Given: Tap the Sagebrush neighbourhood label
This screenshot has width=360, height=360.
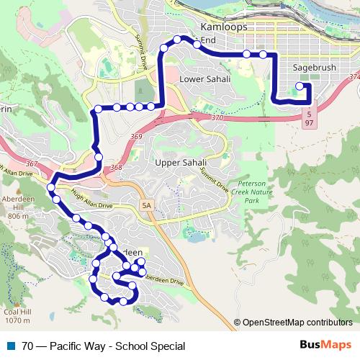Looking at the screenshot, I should pyautogui.click(x=315, y=68).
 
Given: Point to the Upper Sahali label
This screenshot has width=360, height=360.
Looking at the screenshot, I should pyautogui.click(x=181, y=163).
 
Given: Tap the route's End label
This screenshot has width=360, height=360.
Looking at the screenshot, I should pyautogui.click(x=208, y=40).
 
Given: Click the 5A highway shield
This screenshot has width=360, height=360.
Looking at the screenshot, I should pyautogui.click(x=148, y=207).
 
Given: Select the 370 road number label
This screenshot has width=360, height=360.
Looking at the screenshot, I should pyautogui.click(x=218, y=117).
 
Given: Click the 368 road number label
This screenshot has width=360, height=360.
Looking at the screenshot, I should pyautogui.click(x=116, y=168).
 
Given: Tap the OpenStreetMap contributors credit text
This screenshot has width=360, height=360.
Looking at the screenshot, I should pyautogui.click(x=297, y=323).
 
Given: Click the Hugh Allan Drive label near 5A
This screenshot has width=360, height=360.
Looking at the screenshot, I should pyautogui.click(x=92, y=199).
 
